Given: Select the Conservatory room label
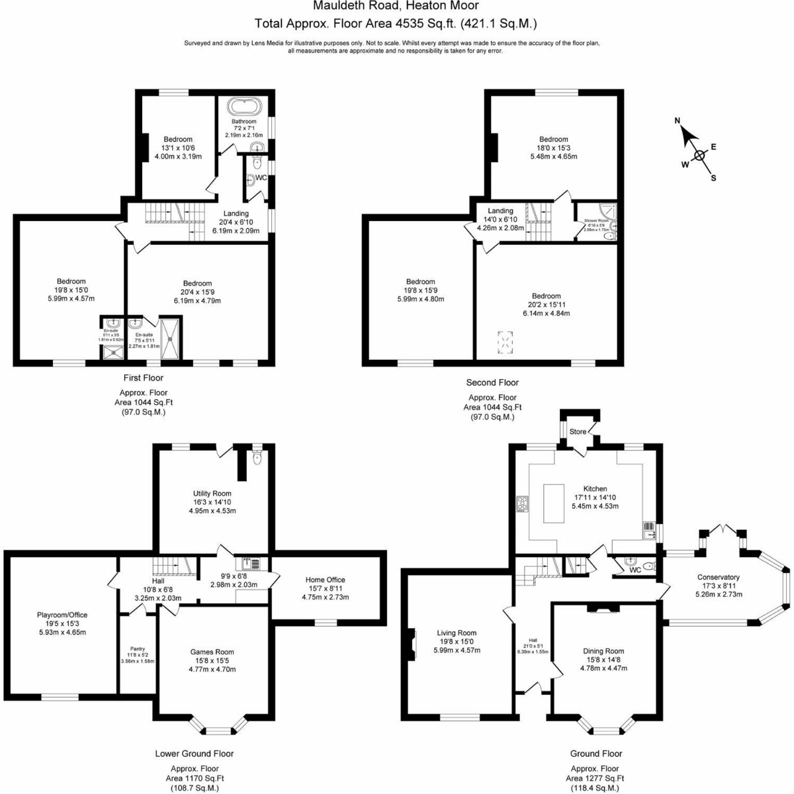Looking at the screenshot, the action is pos(718,577).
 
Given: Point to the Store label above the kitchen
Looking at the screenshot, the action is pos(578,431).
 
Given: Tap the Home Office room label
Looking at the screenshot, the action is pos(326,580).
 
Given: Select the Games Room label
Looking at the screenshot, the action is pos(212,652).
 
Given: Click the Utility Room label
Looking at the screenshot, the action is pos(212,494).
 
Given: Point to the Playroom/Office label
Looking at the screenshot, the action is pos(62,615).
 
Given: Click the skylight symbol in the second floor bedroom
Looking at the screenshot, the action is pos(506,341).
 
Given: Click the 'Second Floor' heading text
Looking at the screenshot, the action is pos(492,382).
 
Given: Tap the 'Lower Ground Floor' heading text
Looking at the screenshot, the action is pos(195,753).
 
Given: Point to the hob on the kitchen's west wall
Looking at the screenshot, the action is pos(523,504).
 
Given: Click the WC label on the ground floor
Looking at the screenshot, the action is pos(635,570).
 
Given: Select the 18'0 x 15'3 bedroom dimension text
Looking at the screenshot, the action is pos(553,148).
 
